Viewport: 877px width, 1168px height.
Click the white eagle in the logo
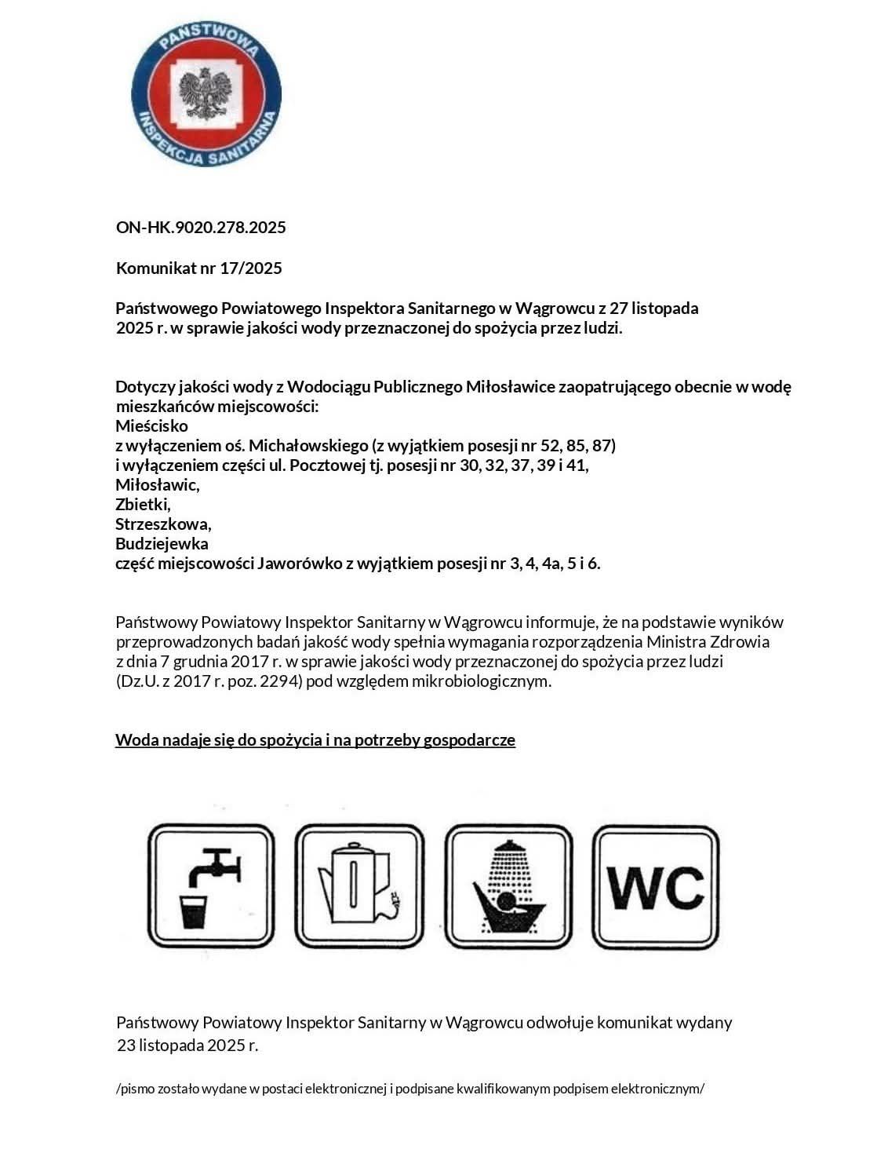pos(206,93)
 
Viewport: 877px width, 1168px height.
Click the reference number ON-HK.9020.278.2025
pos(201,228)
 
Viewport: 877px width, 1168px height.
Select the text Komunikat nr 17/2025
pos(198,268)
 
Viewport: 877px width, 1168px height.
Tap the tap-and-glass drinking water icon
pos(211,886)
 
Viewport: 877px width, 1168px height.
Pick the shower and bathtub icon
pos(508,886)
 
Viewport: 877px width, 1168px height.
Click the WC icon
pos(656,886)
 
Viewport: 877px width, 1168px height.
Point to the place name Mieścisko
pos(151,426)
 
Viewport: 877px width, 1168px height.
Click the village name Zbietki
pos(143,504)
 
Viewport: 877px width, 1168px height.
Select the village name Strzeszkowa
pos(163,524)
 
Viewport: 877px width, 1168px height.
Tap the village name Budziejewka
pos(162,543)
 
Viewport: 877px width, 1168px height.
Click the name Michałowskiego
pos(309,446)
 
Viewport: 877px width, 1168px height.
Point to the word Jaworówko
pos(299,563)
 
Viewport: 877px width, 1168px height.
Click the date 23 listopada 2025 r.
pos(187,1046)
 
